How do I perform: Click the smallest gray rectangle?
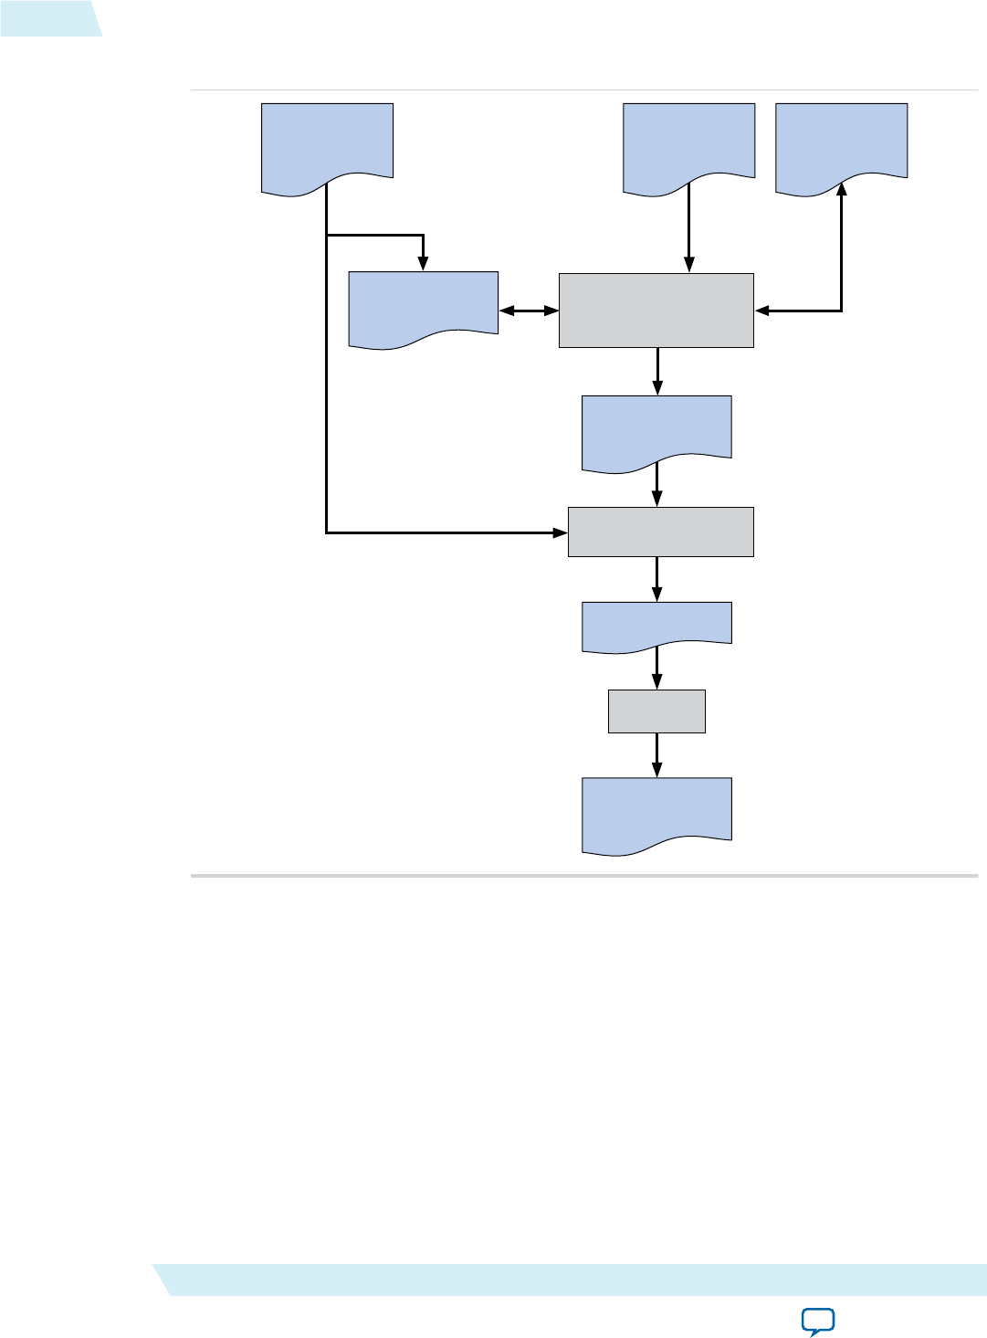[656, 711]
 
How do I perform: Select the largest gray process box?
[656, 310]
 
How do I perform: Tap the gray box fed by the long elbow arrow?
[660, 532]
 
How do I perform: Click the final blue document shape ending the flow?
[656, 813]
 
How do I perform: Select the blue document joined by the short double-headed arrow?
[423, 307]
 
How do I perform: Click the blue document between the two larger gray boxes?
[656, 430]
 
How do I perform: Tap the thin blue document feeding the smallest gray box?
[656, 624]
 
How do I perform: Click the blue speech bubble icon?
[817, 1321]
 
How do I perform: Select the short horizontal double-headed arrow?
[529, 311]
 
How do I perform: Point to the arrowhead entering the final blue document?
[656, 771]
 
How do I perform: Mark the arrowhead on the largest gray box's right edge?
[761, 311]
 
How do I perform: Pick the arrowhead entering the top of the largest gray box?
[689, 266]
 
